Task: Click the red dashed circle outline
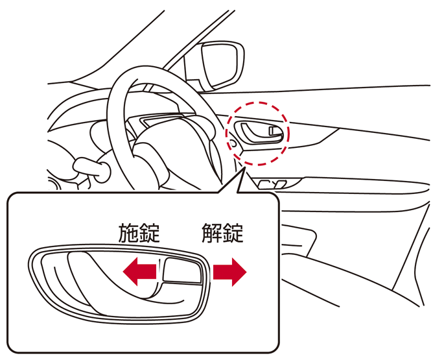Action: point(257,104)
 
